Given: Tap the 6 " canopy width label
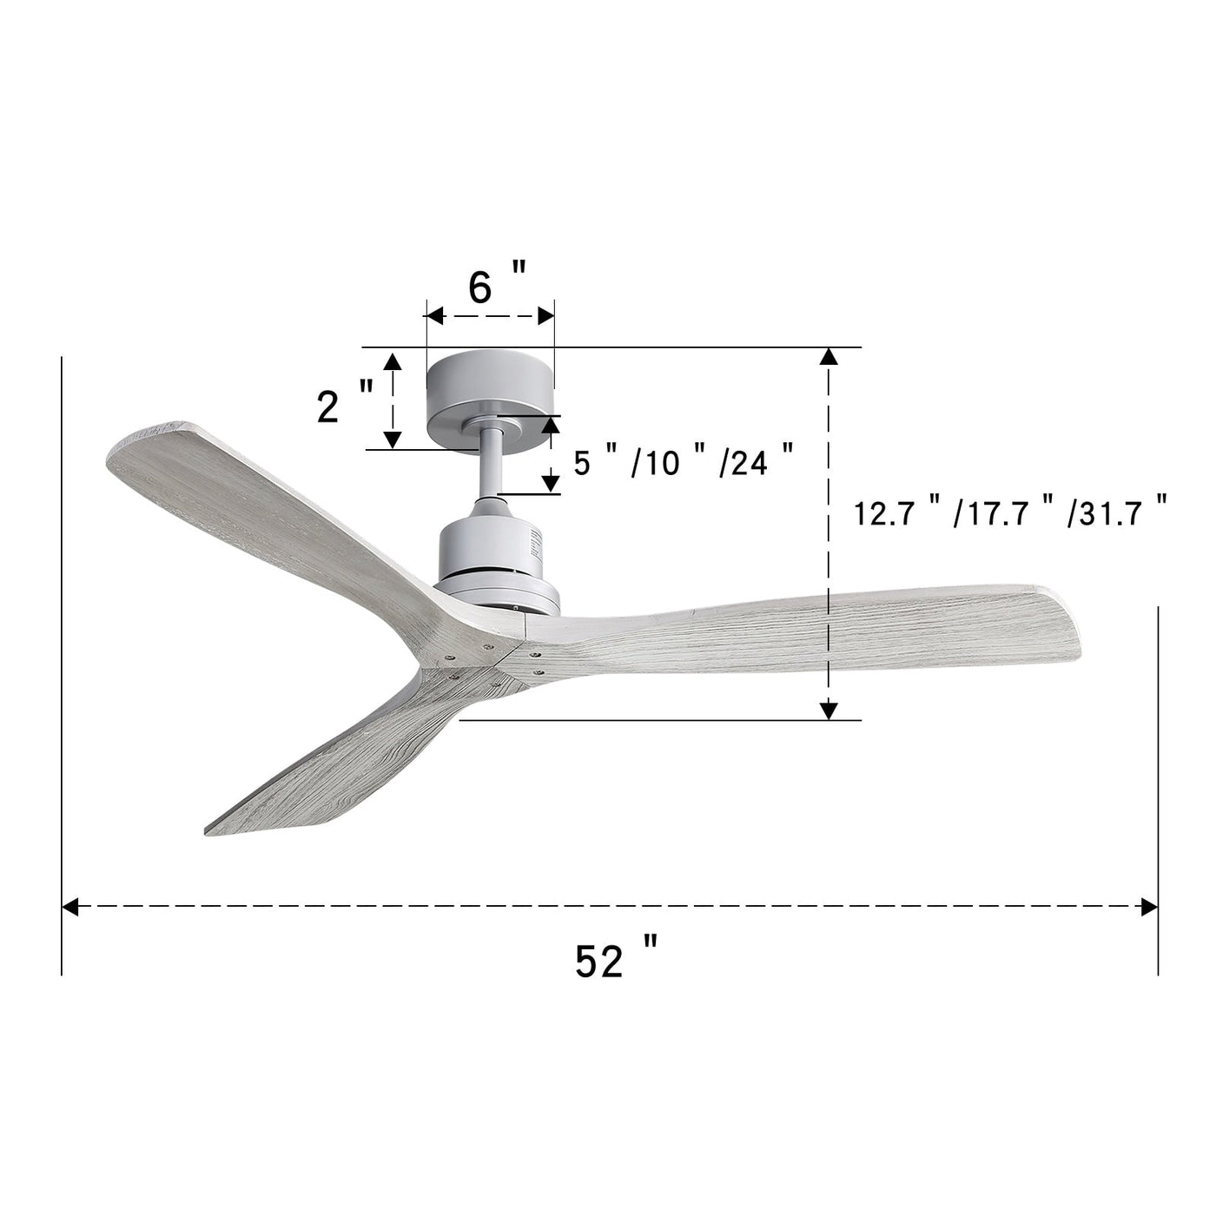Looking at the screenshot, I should pos(497,287).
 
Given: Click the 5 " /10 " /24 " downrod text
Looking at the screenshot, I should pos(683,462).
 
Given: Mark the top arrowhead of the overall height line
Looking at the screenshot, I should pos(829,356).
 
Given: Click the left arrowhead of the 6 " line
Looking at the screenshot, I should pos(434,316).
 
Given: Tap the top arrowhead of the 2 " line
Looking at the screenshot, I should pos(393,362).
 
